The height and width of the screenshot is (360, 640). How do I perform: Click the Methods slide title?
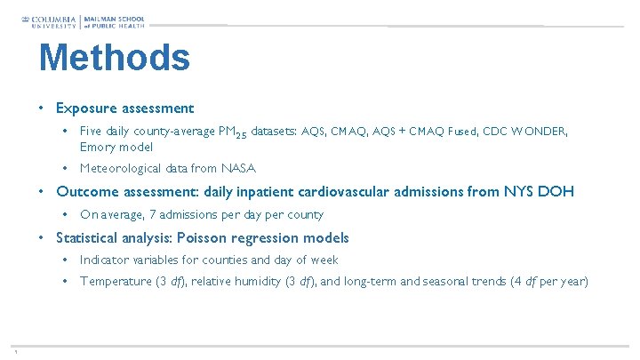114,59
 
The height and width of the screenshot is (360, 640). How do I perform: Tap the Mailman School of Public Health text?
115,21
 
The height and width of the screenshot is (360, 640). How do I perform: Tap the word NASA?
238,169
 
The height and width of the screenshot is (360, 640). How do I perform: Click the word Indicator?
103,260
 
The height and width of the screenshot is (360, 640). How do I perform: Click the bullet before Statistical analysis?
42,238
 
